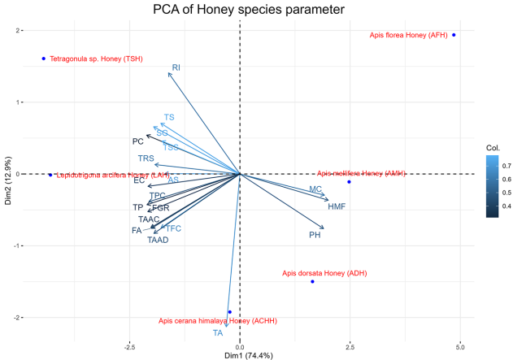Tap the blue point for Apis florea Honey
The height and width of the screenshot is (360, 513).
point(454,35)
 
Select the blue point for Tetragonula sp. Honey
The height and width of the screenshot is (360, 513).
point(44,59)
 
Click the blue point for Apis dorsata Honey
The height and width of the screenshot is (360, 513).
point(312,281)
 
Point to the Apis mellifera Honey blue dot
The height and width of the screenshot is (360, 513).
point(349,181)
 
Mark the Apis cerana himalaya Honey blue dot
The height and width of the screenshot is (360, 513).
point(230,312)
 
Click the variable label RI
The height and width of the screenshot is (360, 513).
point(176,67)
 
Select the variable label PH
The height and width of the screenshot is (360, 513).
point(315,235)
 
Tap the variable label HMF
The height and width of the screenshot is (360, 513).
point(337,207)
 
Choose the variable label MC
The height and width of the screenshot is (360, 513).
point(315,189)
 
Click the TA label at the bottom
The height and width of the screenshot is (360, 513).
point(217,333)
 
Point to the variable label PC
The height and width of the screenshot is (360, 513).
point(138,141)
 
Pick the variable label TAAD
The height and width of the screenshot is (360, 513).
point(158,240)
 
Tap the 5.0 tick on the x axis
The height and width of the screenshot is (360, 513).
point(459,346)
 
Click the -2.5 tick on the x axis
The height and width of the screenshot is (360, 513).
point(129,346)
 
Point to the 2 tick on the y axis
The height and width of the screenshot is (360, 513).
point(17,31)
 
